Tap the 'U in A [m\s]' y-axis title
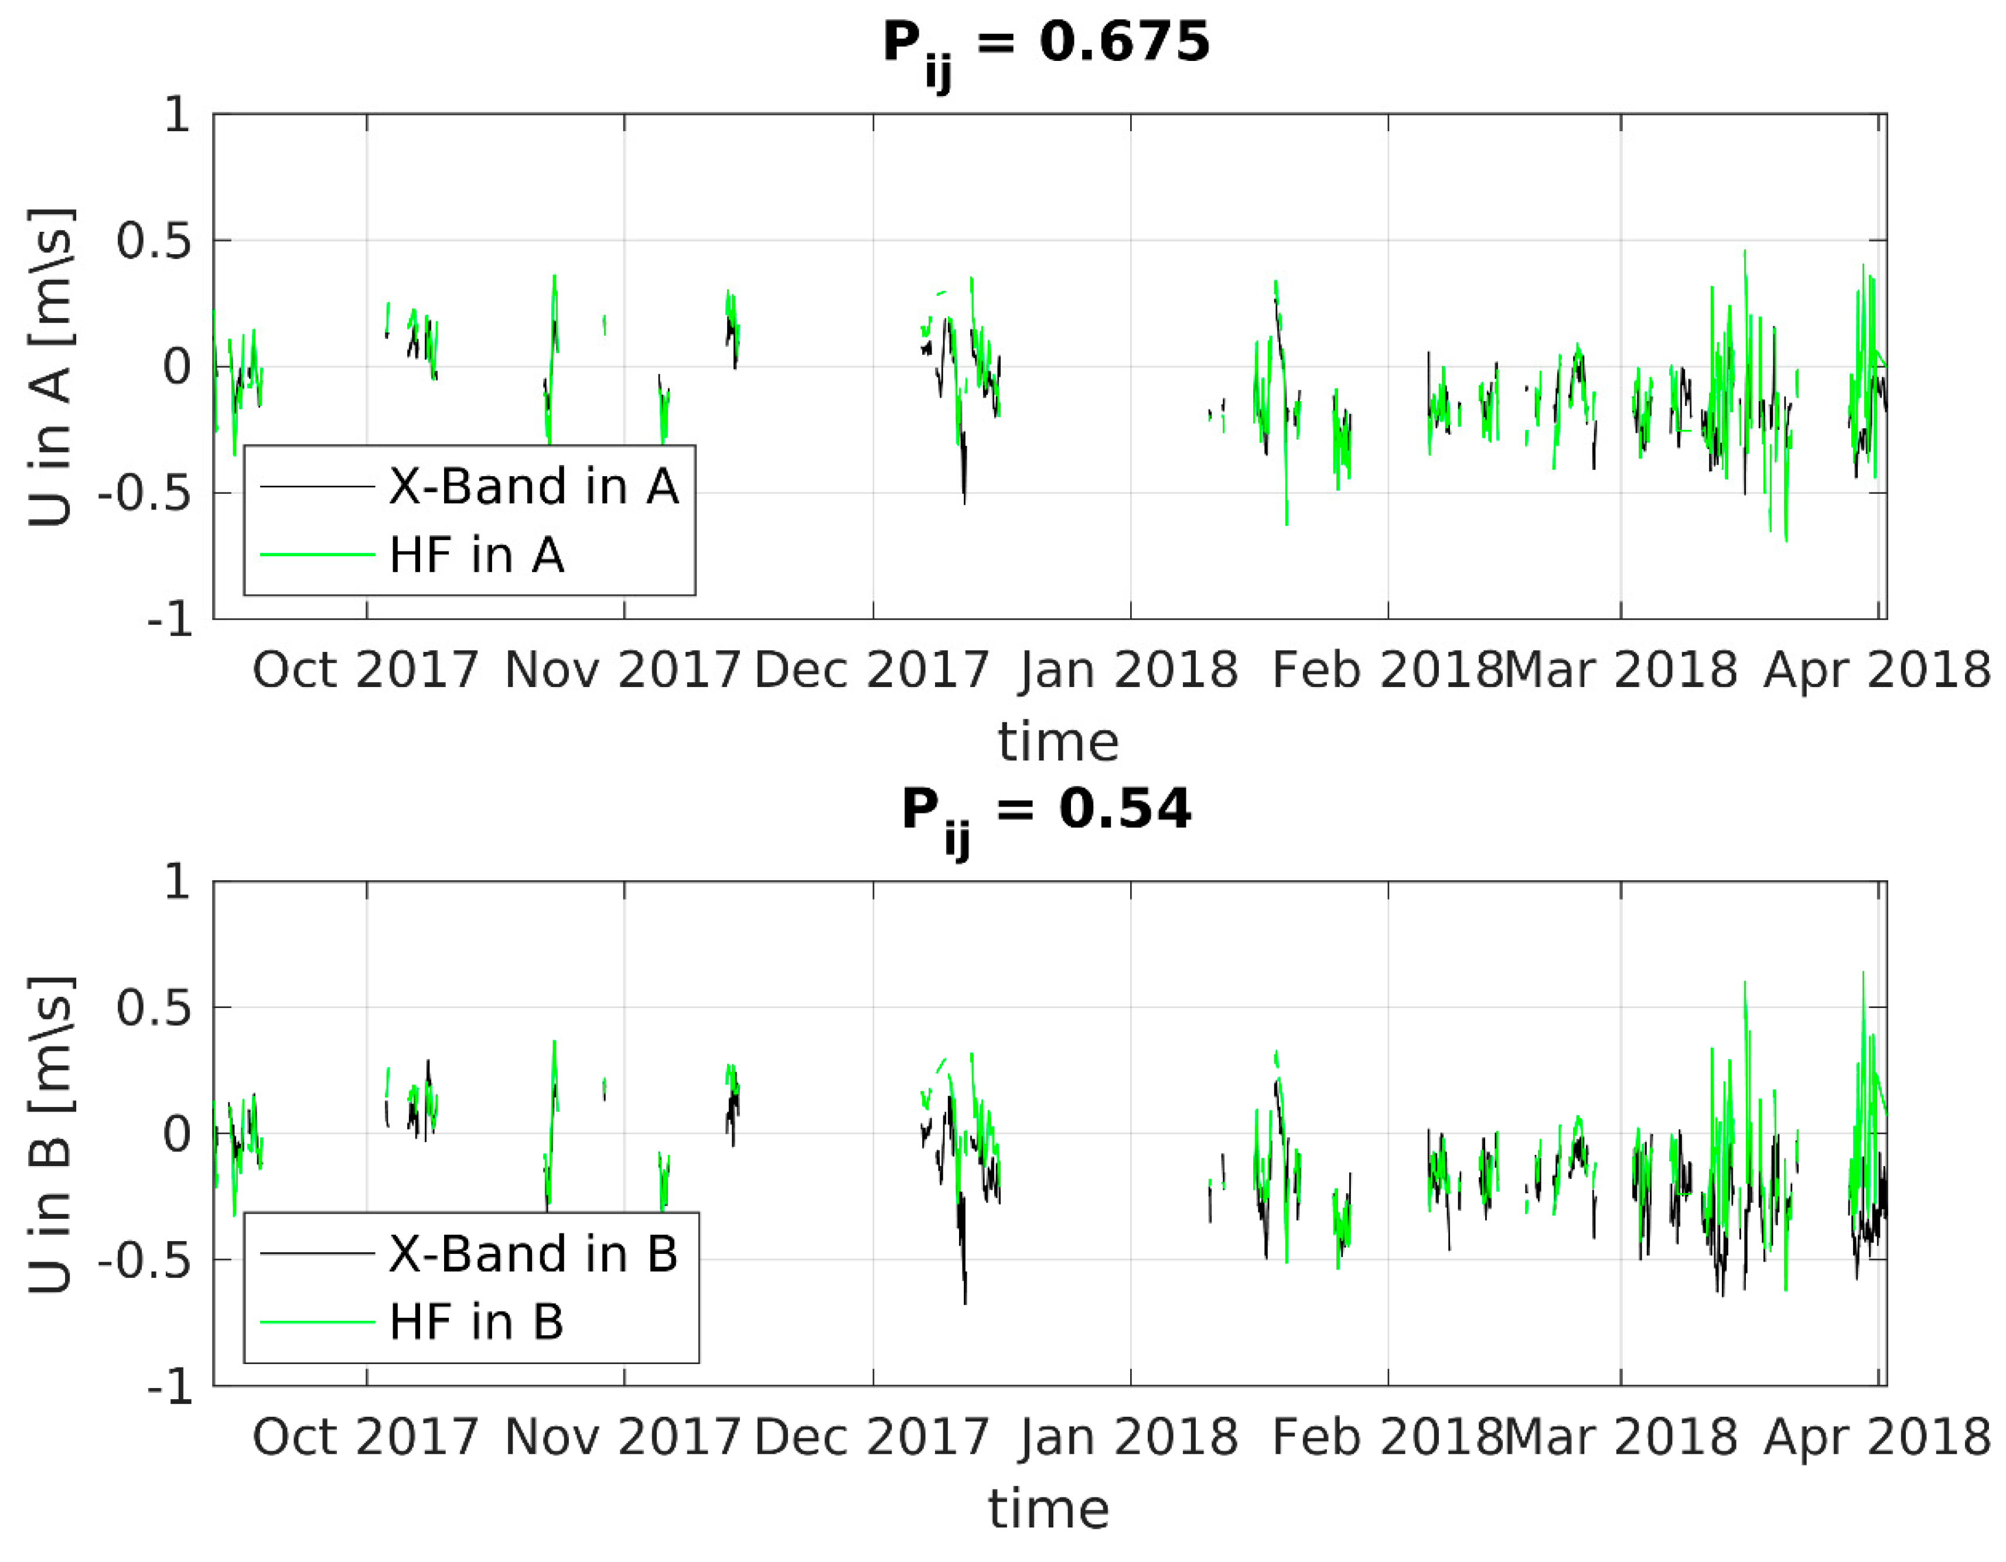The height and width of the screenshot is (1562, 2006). tap(50, 367)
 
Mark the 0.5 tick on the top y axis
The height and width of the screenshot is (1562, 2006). tap(153, 241)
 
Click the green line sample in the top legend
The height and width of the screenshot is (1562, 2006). tap(318, 555)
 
